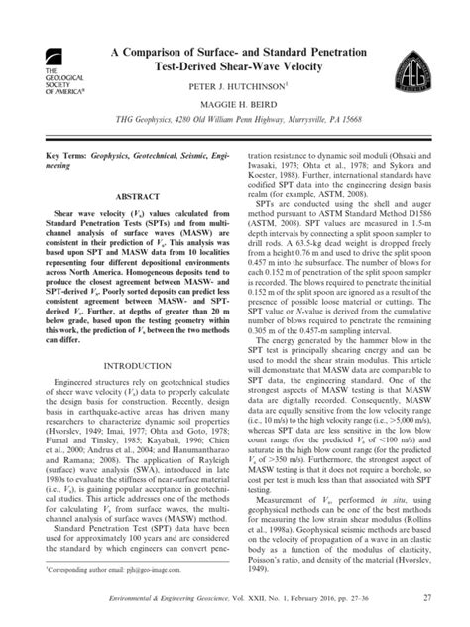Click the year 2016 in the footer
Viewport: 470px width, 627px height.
pos(338,596)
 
